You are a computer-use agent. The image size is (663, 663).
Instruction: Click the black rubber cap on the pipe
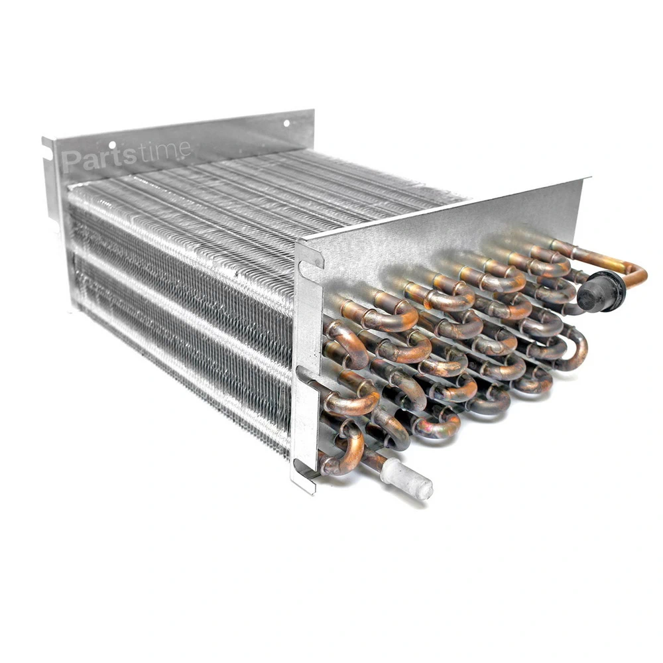(601, 291)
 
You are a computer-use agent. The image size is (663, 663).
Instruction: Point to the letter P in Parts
(71, 162)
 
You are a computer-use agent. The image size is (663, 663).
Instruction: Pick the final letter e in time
(184, 149)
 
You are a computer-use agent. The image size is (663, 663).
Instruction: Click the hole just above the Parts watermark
(112, 145)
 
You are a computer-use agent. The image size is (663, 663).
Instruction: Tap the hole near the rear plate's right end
(286, 123)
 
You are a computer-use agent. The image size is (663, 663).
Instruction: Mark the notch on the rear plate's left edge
(46, 152)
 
